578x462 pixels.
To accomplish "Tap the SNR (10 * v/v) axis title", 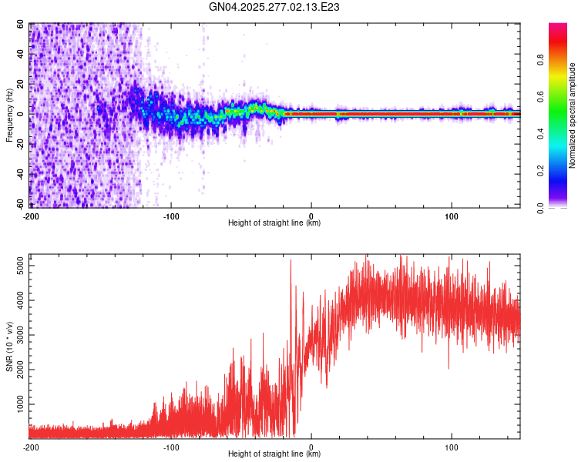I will click(9, 346).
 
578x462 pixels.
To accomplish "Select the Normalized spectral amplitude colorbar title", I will click(573, 115).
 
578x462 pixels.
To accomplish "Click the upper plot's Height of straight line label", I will click(274, 223).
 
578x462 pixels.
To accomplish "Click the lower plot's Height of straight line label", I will click(274, 454).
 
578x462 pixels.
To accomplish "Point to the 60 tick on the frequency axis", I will click(21, 25).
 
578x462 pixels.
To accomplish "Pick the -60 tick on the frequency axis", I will click(19, 204).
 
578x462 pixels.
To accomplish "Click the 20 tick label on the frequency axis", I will click(21, 84).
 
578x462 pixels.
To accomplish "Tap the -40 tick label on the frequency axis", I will click(19, 174).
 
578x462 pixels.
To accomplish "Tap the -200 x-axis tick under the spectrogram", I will click(32, 215).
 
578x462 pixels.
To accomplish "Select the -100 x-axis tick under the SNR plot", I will click(171, 446).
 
